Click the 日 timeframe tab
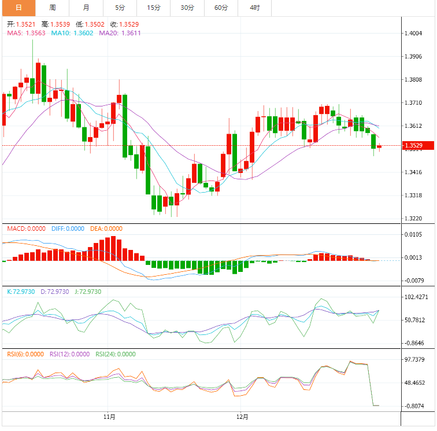pyautogui.click(x=18, y=8)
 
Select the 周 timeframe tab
pyautogui.click(x=53, y=8)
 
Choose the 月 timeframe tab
pyautogui.click(x=86, y=8)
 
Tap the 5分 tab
pyautogui.click(x=120, y=8)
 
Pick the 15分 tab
pyautogui.click(x=154, y=8)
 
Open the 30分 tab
pyautogui.click(x=187, y=8)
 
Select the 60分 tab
pyautogui.click(x=221, y=8)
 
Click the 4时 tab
pyautogui.click(x=255, y=8)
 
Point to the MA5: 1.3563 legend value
pyautogui.click(x=27, y=33)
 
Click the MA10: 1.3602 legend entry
pyautogui.click(x=73, y=33)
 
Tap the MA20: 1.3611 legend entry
pyautogui.click(x=120, y=33)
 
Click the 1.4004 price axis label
pyautogui.click(x=413, y=34)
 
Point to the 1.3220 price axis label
pyautogui.click(x=413, y=219)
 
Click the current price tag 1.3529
pyautogui.click(x=413, y=146)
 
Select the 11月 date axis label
pyautogui.click(x=109, y=417)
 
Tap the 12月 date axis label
pyautogui.click(x=242, y=417)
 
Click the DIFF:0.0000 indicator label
pyautogui.click(x=67, y=229)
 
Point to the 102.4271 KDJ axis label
pyautogui.click(x=416, y=297)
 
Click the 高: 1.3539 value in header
pyautogui.click(x=56, y=24)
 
